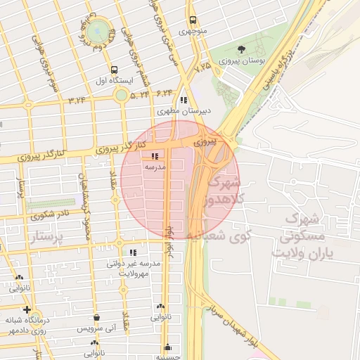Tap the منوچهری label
pos(192,31)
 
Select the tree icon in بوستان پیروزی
pos(242,50)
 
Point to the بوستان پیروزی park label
pos(242,62)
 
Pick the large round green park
pos(98,31)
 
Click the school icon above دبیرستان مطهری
pos(184,100)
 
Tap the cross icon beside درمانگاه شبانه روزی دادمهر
pos(27,309)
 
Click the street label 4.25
pos(202,67)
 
